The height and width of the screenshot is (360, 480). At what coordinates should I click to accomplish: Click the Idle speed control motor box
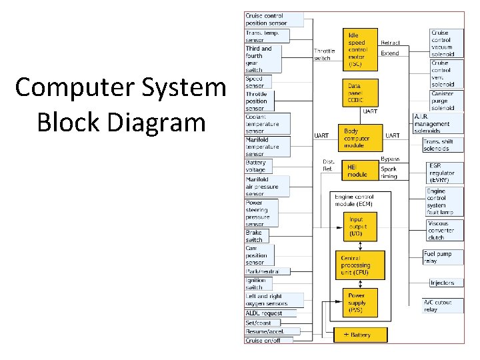(360, 49)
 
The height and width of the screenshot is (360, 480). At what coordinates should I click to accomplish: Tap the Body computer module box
(359, 138)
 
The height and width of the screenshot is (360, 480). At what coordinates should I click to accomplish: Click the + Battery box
(361, 334)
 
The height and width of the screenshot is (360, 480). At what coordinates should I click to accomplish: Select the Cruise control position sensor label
(267, 19)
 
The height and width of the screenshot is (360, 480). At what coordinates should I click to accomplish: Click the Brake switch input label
(256, 236)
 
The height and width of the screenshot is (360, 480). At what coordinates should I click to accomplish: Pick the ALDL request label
(265, 313)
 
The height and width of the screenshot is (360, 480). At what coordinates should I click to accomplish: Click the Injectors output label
(442, 283)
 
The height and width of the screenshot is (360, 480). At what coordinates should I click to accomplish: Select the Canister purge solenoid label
(445, 101)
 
